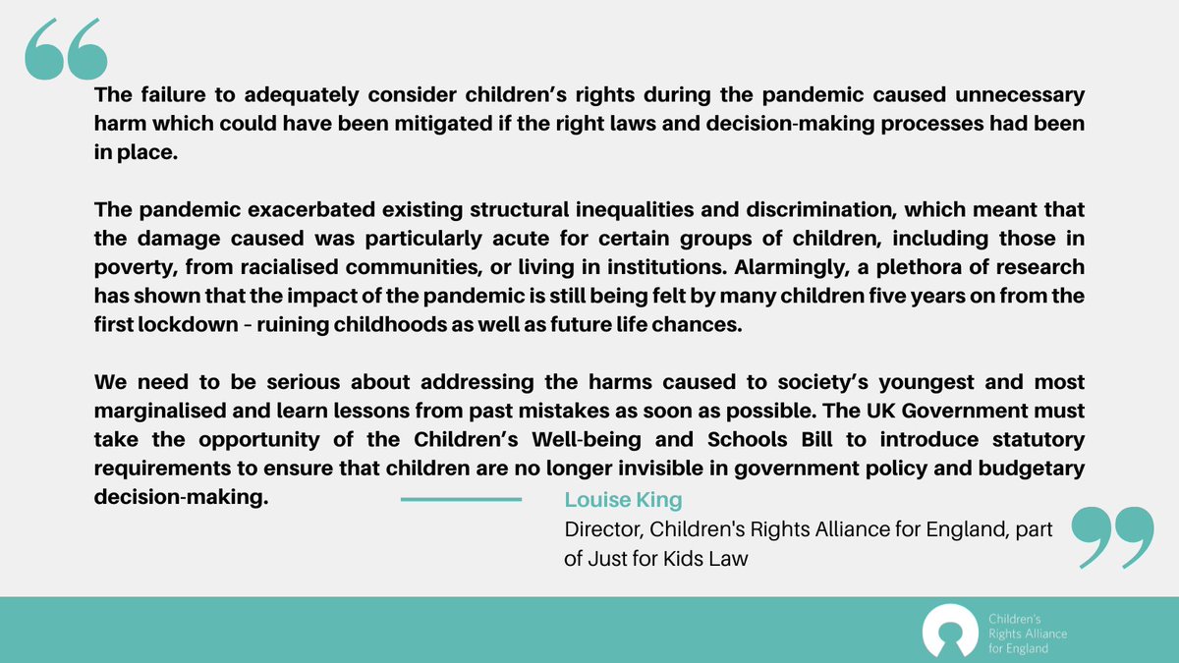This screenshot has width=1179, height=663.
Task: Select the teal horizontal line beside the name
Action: coord(461,500)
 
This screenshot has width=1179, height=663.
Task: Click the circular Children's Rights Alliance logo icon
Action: coord(949,629)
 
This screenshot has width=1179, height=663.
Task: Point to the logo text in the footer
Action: coord(1027,629)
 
